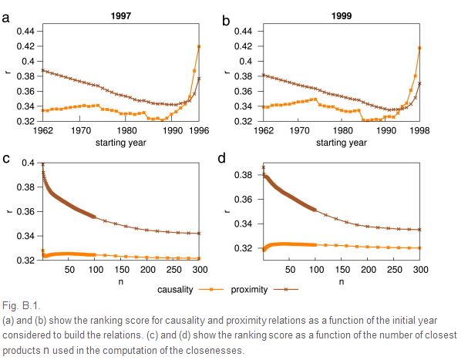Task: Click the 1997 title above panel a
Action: click(x=121, y=15)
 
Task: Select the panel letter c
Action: click(x=6, y=160)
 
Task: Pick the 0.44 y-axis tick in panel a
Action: click(x=25, y=32)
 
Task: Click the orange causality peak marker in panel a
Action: click(x=199, y=46)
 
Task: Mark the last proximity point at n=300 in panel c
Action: click(x=199, y=234)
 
